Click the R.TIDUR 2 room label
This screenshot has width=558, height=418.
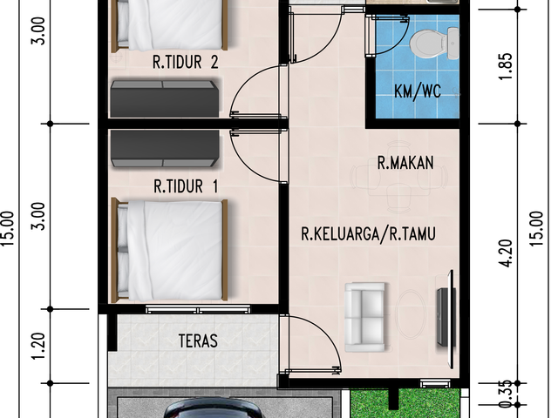tap(186, 62)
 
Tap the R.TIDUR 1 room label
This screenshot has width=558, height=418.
tap(186, 186)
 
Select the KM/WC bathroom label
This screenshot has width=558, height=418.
tap(418, 91)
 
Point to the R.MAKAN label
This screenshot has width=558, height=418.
tap(405, 163)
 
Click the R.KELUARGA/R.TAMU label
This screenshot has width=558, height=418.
tap(368, 234)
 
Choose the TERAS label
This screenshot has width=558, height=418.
tap(198, 340)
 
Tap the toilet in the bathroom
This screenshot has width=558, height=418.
tap(434, 44)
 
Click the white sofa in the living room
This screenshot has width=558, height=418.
tap(365, 317)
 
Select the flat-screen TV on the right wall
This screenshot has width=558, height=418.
tap(446, 319)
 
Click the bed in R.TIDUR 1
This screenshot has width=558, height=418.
tap(170, 250)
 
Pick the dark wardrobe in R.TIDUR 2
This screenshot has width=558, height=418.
tap(165, 98)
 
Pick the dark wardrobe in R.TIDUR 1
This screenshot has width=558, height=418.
tap(165, 148)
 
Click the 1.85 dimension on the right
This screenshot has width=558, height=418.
tap(507, 66)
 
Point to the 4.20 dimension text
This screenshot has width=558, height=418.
tap(507, 253)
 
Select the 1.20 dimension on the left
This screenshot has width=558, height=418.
tap(38, 346)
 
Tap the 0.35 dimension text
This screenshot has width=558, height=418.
tap(507, 394)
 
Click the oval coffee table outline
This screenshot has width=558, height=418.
tap(411, 314)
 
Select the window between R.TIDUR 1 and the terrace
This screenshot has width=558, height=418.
tap(198, 309)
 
